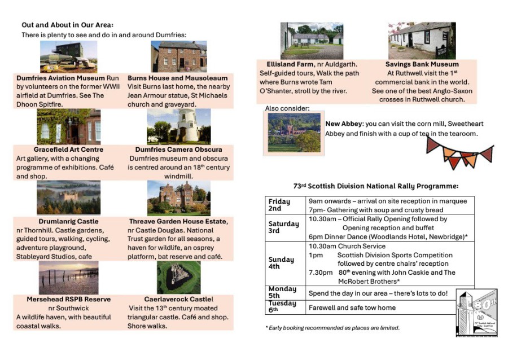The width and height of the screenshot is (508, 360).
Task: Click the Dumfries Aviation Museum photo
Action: tap(68, 57)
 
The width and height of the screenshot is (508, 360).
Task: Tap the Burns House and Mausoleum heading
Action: tap(177, 78)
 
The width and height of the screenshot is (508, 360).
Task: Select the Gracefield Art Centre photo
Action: tap(68, 127)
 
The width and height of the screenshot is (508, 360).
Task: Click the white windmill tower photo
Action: tap(178, 127)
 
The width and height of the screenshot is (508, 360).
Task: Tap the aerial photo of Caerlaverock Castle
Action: tap(178, 277)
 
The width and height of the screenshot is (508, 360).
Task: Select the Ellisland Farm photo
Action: tap(312, 41)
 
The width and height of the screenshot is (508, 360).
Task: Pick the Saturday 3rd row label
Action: tap(283, 227)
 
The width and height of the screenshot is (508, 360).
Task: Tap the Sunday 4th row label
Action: tap(281, 264)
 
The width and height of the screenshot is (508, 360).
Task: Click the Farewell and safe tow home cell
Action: tap(352, 308)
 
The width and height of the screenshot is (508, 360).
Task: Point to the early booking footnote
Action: tap(332, 328)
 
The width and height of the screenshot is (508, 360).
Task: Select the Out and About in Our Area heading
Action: tap(67, 25)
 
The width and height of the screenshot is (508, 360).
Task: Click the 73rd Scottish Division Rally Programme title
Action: tap(375, 186)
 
